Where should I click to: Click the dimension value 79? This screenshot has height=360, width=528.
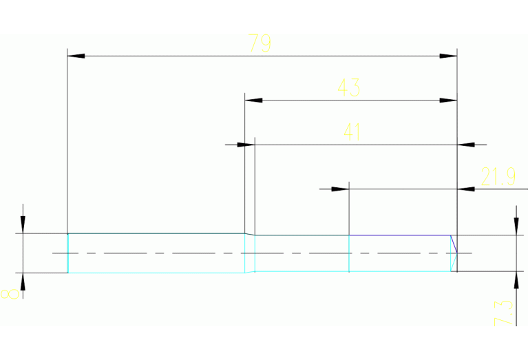click(x=260, y=44)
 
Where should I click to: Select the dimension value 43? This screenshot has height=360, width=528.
click(x=348, y=88)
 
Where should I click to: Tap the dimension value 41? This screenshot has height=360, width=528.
click(x=352, y=132)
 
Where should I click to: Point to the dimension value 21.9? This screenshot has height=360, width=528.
click(x=498, y=178)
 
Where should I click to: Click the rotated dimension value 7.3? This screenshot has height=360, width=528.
click(x=505, y=312)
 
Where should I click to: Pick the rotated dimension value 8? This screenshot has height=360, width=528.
click(x=10, y=294)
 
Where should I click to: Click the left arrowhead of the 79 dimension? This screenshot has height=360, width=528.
click(x=75, y=56)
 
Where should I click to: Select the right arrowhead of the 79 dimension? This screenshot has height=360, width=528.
click(x=448, y=56)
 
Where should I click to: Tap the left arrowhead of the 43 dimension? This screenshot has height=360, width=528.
click(x=253, y=100)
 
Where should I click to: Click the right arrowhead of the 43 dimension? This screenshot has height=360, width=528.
click(x=448, y=100)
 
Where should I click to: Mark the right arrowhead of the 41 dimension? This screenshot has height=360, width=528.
click(x=466, y=145)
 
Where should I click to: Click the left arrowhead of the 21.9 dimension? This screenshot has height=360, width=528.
click(x=340, y=189)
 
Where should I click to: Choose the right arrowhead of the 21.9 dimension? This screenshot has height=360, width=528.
click(x=466, y=189)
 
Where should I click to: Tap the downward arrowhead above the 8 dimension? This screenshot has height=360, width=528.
click(x=23, y=225)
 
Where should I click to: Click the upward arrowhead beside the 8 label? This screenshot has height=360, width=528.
click(x=23, y=282)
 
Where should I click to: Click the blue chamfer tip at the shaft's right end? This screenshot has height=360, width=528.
click(x=456, y=253)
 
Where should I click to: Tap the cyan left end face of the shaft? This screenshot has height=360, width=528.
click(x=67, y=253)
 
